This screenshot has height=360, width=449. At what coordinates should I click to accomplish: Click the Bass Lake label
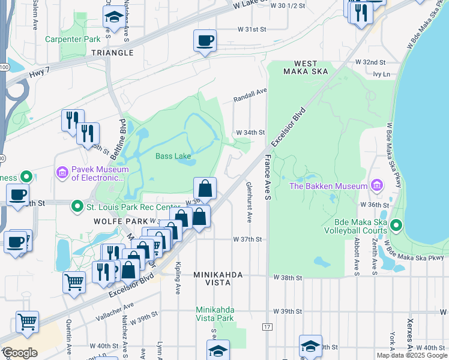pyautogui.click(x=173, y=157)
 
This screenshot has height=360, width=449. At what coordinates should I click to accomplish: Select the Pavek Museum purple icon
pyautogui.click(x=62, y=173)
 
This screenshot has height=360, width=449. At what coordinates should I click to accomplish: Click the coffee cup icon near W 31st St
pyautogui.click(x=205, y=41)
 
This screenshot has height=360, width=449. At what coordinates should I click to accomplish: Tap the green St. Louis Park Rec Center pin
pyautogui.click(x=77, y=207)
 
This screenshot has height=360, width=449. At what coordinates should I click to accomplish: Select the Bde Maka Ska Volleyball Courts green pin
pyautogui.click(x=396, y=226)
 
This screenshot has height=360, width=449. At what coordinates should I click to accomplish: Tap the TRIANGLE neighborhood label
pyautogui.click(x=112, y=53)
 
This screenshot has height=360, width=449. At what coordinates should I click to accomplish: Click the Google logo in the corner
pyautogui.click(x=19, y=353)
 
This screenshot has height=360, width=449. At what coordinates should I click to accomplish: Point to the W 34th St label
pyautogui.click(x=250, y=132)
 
